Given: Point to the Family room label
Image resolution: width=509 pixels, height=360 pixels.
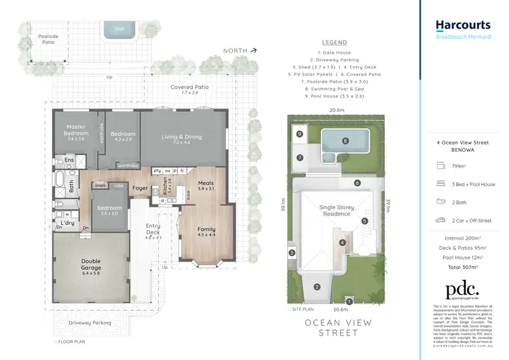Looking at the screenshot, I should [206, 232].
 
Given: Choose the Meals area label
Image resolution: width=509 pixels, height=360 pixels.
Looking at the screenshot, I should [206, 185].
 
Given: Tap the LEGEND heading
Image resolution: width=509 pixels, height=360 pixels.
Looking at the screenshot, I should [334, 41].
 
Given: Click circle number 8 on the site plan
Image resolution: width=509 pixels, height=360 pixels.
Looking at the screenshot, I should [345, 141].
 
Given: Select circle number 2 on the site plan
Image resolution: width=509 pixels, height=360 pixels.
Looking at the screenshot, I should [316, 286].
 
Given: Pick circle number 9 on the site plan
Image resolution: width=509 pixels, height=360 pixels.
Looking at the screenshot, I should [299, 134].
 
